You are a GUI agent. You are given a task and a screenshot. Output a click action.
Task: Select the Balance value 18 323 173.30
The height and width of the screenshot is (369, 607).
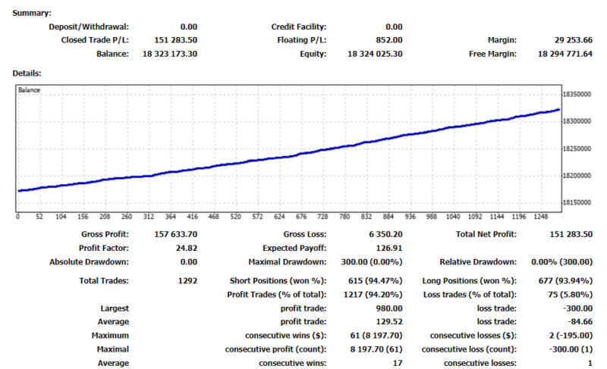coord(170,55)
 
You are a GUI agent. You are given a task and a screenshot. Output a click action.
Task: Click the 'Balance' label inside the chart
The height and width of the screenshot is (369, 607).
coord(30,90)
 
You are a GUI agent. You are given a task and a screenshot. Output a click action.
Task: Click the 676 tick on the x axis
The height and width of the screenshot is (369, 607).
coord(301,216)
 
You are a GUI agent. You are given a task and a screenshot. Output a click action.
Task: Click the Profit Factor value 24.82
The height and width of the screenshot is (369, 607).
coord(187,248)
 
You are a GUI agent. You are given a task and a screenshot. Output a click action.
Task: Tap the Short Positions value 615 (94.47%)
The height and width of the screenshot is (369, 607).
coord(372,281)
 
